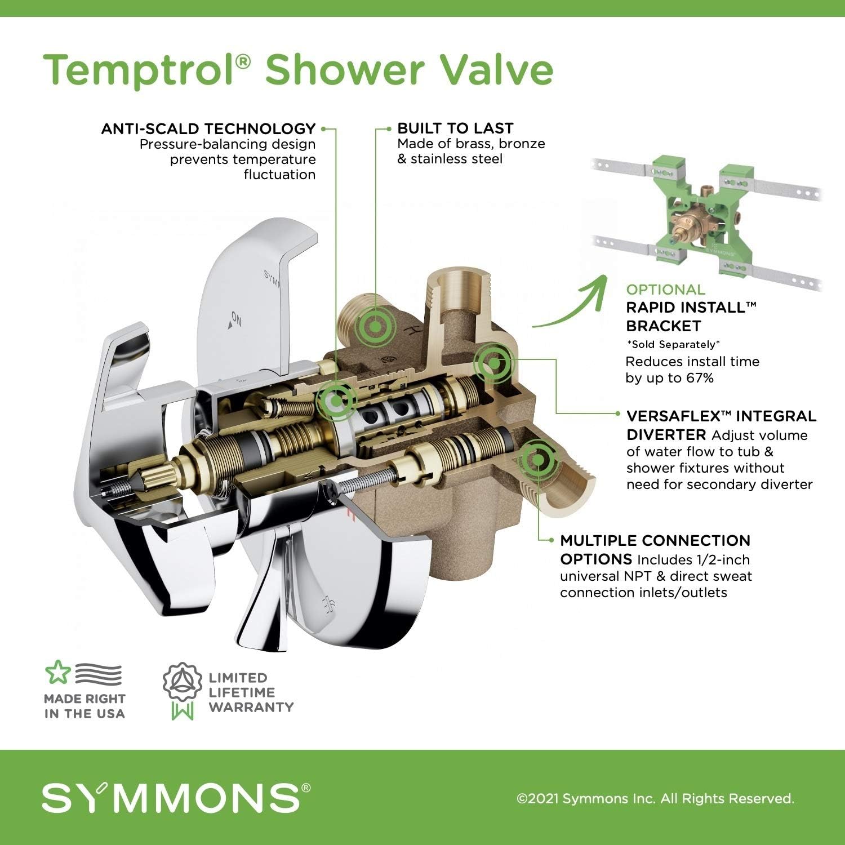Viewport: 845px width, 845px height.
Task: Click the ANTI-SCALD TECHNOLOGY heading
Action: (x=208, y=129)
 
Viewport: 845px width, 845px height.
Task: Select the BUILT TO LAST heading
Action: (x=455, y=128)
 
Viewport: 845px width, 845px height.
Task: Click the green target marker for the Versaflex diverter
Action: (x=493, y=363)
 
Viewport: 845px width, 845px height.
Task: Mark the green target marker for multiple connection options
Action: (x=538, y=460)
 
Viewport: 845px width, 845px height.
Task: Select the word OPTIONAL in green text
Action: (x=665, y=290)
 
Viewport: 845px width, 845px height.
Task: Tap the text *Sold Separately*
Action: (x=673, y=344)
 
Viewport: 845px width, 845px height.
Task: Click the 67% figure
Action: (x=700, y=378)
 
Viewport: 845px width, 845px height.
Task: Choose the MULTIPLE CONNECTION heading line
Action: (x=655, y=541)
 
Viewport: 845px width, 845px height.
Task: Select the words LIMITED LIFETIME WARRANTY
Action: (x=251, y=692)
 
